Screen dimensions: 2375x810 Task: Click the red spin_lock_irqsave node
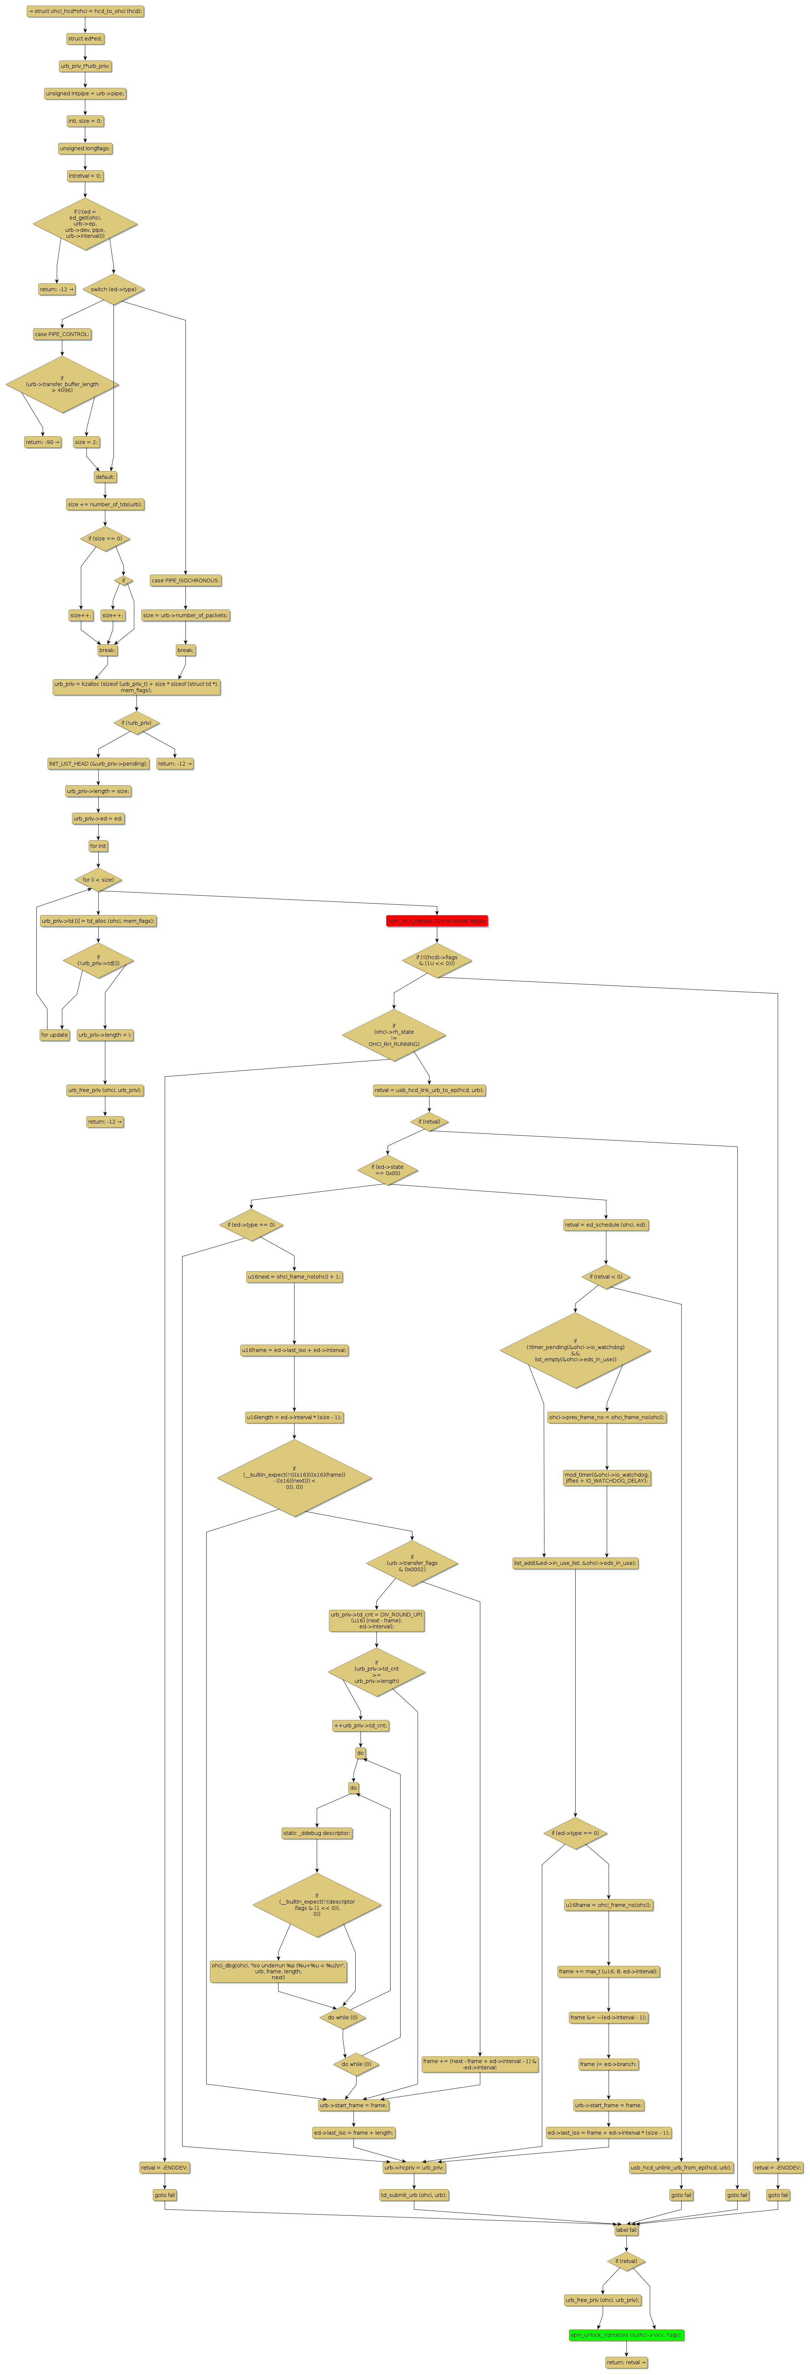(437, 920)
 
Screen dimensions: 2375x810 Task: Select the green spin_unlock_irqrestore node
(626, 2335)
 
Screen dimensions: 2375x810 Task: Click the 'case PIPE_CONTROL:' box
(62, 334)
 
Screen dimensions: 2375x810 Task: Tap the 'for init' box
(98, 845)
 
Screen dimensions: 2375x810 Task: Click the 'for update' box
(55, 1034)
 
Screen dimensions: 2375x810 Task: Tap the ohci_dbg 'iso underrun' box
(278, 1970)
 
